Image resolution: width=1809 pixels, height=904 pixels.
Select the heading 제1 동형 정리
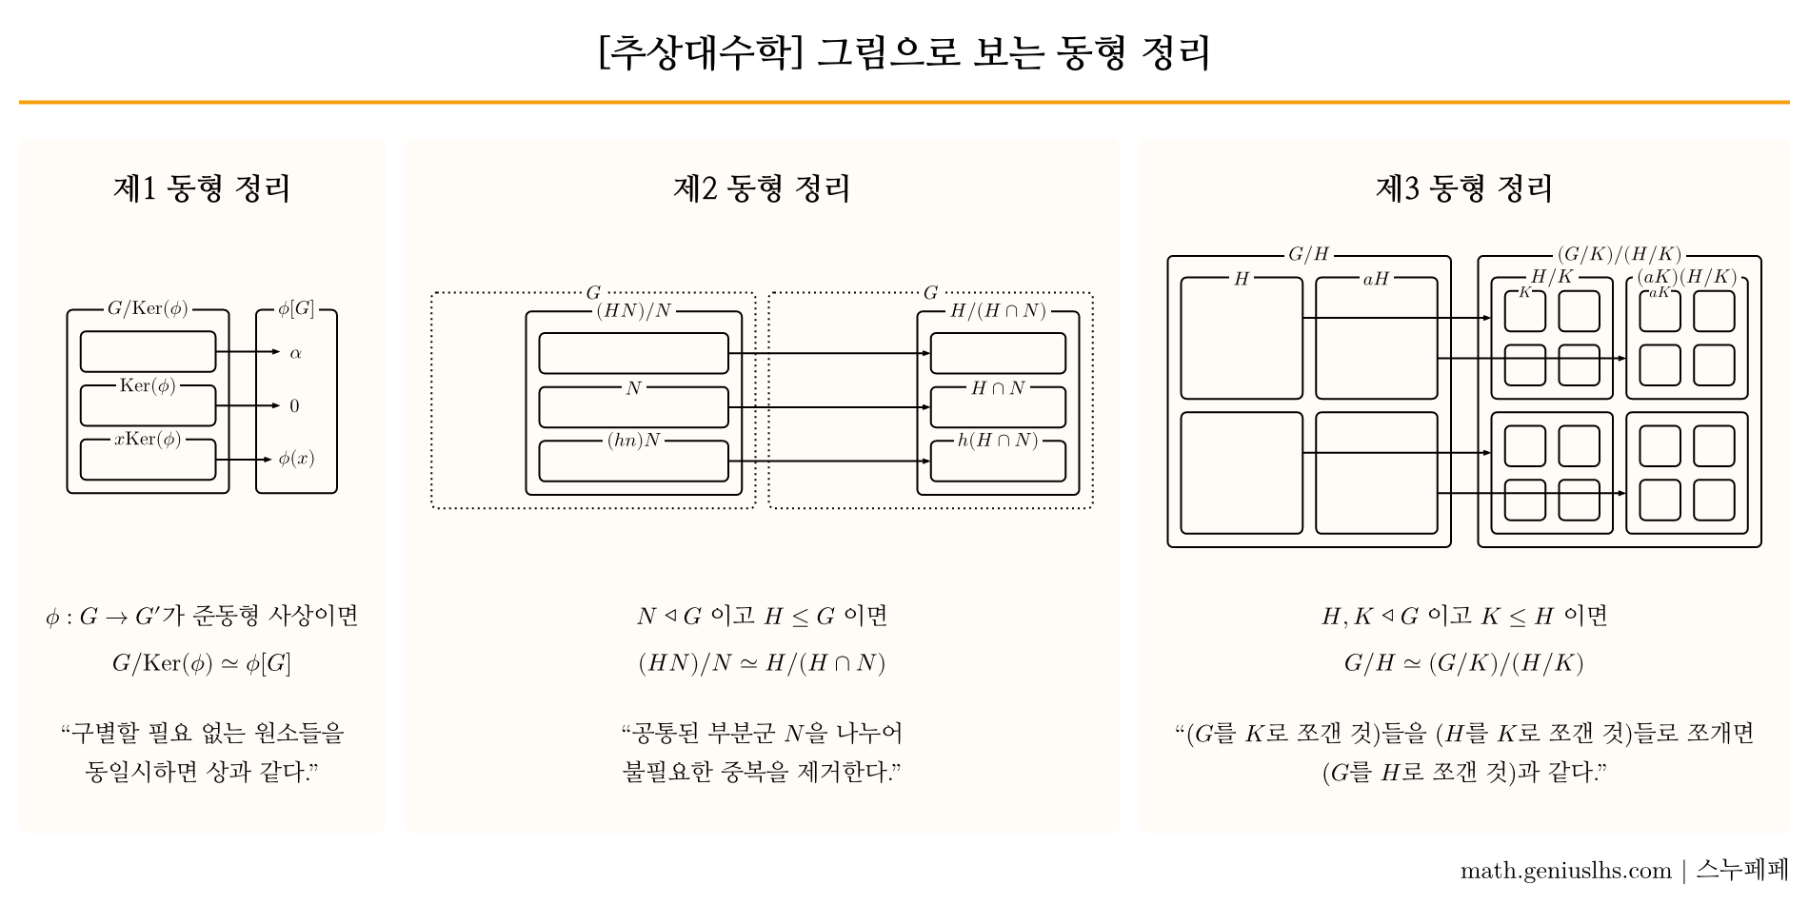pos(202,188)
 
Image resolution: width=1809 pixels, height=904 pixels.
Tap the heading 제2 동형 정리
pos(762,188)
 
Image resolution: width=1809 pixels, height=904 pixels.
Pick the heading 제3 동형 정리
pos(1464,188)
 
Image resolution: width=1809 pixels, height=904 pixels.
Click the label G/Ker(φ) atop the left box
pos(148,308)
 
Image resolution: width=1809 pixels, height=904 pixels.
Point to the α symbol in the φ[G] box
pos(295,353)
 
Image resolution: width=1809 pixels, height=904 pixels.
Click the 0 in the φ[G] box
pos(294,406)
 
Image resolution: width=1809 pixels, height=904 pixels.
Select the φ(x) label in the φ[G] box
pos(296,459)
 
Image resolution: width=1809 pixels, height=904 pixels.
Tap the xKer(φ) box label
pos(148,440)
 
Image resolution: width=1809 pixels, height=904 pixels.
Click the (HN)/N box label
pos(633,311)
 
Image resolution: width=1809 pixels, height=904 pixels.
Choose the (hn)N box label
pos(633,441)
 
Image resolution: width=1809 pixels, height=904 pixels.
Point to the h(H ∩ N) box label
pos(998,441)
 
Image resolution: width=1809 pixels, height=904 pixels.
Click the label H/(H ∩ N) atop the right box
pos(998,311)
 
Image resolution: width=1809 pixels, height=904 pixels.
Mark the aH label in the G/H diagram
pos(1376,279)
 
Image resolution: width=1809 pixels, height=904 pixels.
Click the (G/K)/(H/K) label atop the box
pos(1620,254)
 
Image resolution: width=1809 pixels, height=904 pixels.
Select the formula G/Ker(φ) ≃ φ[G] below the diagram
pos(202,663)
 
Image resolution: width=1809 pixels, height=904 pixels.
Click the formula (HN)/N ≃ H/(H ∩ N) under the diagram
pos(762,663)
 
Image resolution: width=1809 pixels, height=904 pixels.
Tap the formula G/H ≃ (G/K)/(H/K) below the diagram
pos(1464,663)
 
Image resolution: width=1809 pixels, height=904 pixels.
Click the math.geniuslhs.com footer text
pos(1565,871)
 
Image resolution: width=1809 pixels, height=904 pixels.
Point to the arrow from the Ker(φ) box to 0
pos(247,406)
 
